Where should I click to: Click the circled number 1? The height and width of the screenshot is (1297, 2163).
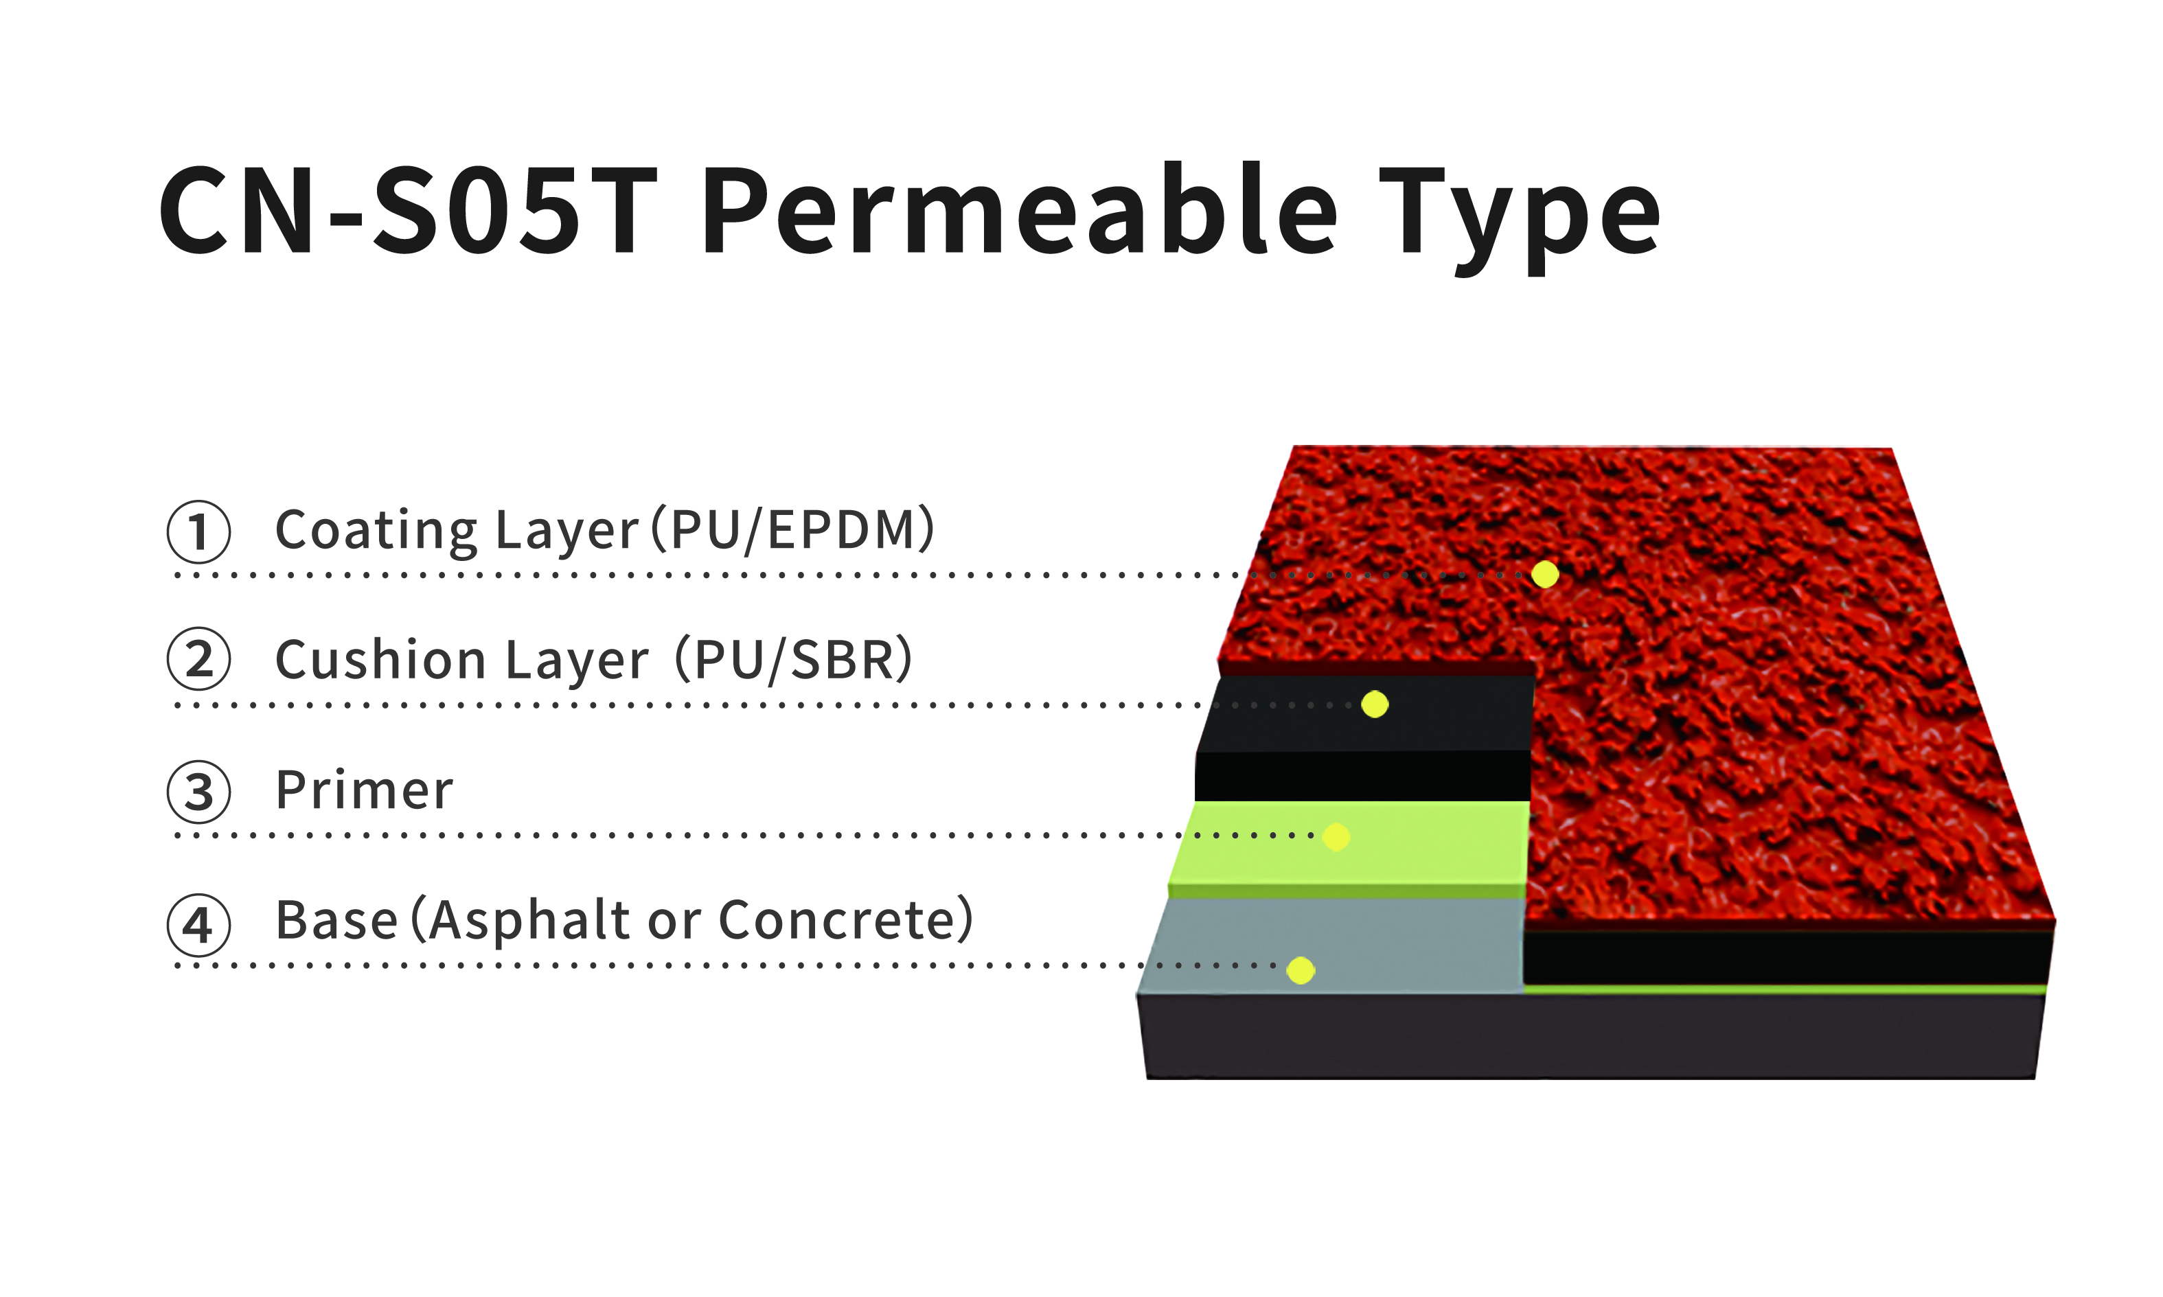(x=199, y=531)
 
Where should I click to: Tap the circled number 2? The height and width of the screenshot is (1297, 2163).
(x=199, y=659)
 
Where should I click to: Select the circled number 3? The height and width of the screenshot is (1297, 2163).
(x=199, y=792)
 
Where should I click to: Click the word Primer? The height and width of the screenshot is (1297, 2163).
(x=365, y=790)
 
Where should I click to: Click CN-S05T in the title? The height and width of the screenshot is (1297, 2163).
(x=407, y=211)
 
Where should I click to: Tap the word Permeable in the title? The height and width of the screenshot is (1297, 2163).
(x=1019, y=209)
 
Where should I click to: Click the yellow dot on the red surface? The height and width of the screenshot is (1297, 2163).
(x=1545, y=574)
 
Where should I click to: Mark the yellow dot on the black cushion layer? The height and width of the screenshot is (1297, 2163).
(x=1375, y=704)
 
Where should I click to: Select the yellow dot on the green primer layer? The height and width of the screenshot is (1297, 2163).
(x=1336, y=836)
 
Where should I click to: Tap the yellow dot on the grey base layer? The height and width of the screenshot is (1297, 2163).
(x=1301, y=970)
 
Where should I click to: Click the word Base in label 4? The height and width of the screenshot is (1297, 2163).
(x=336, y=919)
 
